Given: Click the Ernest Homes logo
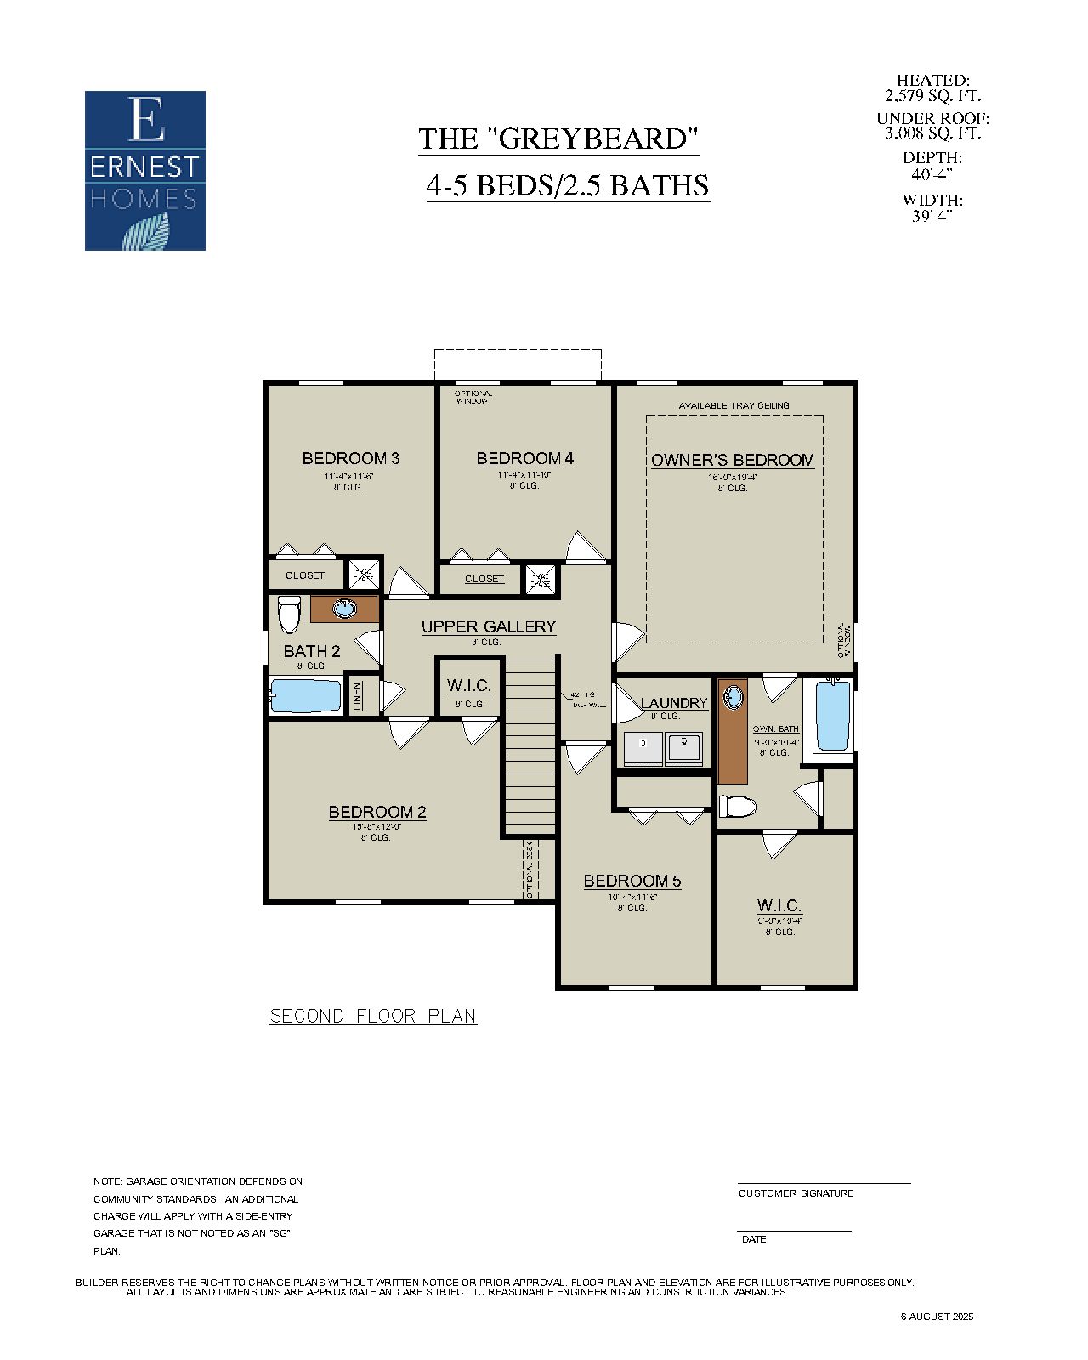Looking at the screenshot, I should (145, 171).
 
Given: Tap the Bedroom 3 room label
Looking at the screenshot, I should (351, 458).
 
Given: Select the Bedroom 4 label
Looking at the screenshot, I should (524, 458).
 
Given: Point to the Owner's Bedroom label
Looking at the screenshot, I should (733, 460).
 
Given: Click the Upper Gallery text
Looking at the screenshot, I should (489, 626).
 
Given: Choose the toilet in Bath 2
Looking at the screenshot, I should (290, 614).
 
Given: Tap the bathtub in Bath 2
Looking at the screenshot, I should (306, 695).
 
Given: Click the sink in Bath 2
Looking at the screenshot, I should (344, 609).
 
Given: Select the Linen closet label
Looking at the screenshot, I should (358, 696).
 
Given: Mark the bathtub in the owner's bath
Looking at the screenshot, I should (833, 715).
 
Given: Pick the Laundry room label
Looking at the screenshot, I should (674, 703).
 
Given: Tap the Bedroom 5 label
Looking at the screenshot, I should (632, 881).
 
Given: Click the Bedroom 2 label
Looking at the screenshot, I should (377, 812).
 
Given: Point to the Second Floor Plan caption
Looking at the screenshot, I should (373, 1016).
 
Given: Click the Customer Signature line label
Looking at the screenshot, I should (796, 1193).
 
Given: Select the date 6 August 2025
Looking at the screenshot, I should (937, 1317).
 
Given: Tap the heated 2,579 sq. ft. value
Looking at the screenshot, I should (932, 96).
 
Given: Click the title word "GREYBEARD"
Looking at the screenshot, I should (593, 139).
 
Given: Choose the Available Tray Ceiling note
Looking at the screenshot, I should (734, 405).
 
